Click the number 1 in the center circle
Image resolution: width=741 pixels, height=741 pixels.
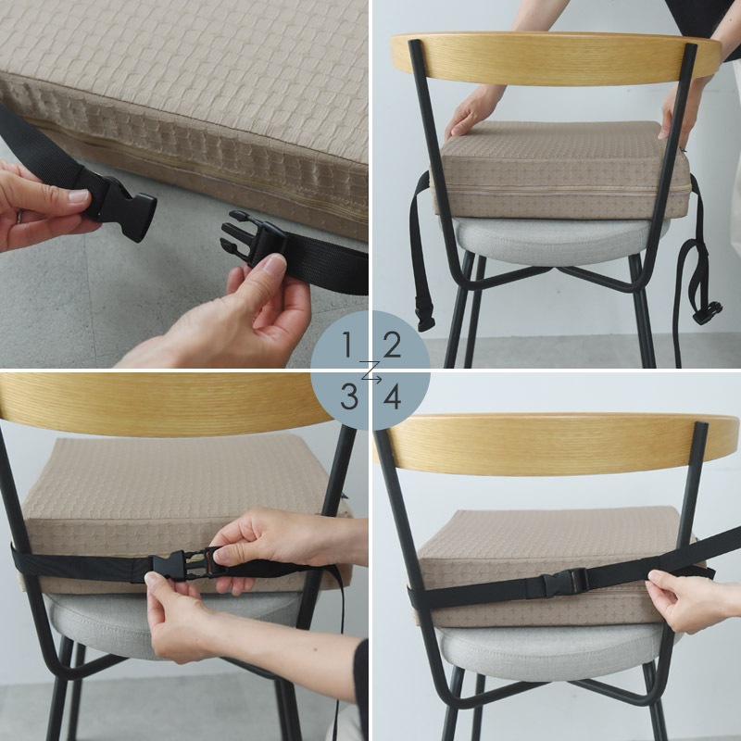347,345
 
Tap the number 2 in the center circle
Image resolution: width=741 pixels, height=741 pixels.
392,345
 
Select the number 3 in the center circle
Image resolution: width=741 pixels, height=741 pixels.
349,396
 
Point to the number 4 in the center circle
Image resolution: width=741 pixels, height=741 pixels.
392,396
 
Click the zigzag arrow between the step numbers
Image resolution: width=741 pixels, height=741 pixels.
370,370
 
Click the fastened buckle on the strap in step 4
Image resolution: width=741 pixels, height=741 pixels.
565,584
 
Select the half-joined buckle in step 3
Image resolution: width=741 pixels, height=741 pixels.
187,564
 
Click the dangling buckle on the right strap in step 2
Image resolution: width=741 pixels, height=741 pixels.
708,313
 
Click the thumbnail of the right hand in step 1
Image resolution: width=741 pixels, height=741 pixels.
274,266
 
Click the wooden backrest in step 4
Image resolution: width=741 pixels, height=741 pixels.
558,445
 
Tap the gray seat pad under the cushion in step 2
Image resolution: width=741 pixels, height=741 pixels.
553,241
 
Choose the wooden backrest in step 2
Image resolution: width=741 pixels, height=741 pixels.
556,58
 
